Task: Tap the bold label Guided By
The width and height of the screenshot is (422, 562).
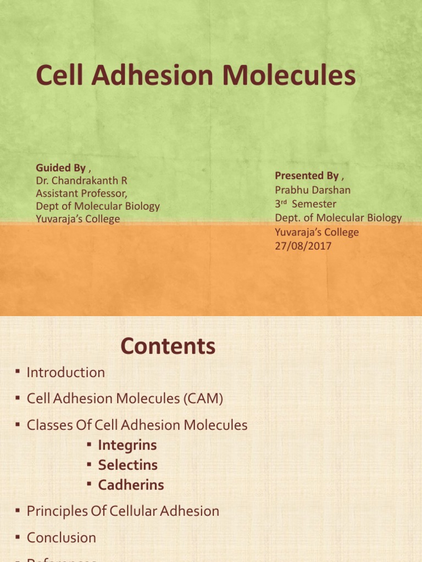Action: (x=60, y=167)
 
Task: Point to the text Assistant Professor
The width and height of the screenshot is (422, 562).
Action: (x=81, y=193)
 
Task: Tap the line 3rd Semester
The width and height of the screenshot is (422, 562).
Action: (x=306, y=204)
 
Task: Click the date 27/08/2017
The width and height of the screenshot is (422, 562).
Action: (x=303, y=246)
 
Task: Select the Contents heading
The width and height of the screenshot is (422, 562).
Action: (x=168, y=346)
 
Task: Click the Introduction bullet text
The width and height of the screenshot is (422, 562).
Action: (x=65, y=372)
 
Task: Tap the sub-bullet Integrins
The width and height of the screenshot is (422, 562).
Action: (x=127, y=445)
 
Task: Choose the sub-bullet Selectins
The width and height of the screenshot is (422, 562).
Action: (x=127, y=465)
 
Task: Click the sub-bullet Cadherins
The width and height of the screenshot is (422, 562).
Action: (x=131, y=485)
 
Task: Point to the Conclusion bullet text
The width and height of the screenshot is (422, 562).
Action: (x=61, y=537)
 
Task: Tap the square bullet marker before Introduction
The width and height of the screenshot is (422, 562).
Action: (x=17, y=373)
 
